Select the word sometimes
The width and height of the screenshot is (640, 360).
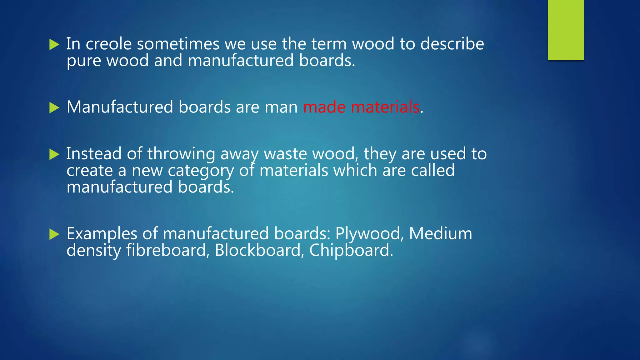[178, 44]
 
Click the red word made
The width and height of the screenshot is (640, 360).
[324, 107]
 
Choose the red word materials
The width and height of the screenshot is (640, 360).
[385, 107]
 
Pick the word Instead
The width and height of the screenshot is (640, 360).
[94, 154]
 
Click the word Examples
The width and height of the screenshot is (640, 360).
[102, 234]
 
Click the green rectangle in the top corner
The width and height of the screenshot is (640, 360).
[566, 30]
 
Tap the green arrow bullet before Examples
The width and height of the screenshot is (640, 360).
[54, 234]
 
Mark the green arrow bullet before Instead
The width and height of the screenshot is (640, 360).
[54, 154]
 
